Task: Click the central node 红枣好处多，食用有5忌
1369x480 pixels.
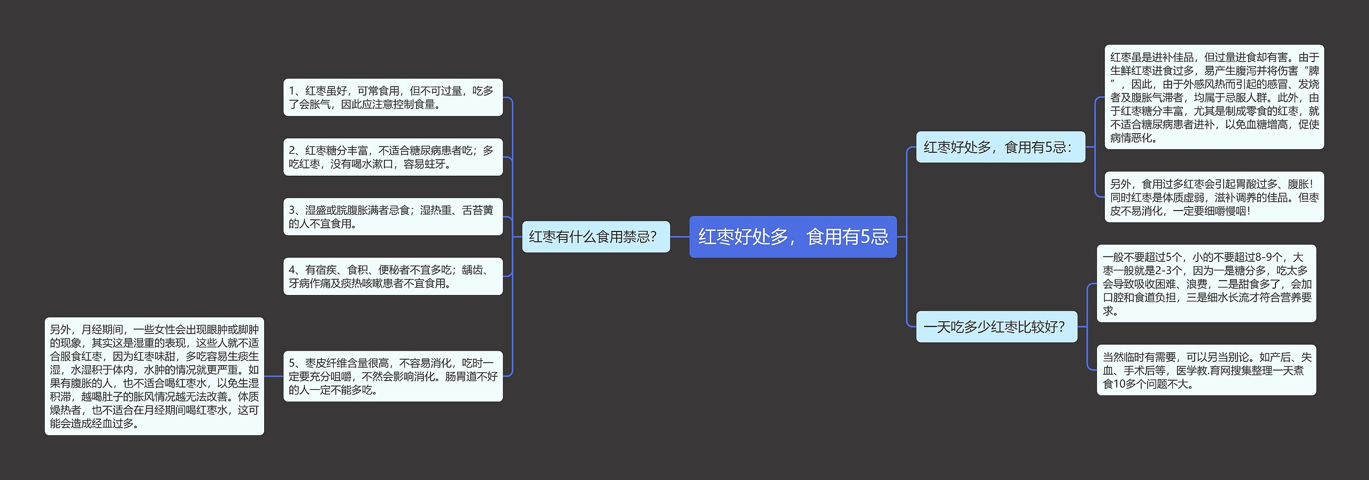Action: tap(793, 237)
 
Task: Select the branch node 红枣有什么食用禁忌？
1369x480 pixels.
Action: tap(595, 237)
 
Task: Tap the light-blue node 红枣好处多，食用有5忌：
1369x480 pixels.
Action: tap(1000, 147)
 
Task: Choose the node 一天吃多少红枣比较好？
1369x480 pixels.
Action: tap(996, 327)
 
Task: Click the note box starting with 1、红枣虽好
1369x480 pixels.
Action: tap(393, 97)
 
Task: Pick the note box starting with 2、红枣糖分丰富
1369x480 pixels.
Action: tap(393, 157)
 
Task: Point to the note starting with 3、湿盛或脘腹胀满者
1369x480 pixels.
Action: tap(393, 216)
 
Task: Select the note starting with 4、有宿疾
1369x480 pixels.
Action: tap(393, 276)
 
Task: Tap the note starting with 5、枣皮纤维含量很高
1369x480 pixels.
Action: tap(393, 376)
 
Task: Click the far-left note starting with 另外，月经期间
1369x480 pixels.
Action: tap(154, 376)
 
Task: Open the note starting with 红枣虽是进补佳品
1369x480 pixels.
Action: tap(1214, 97)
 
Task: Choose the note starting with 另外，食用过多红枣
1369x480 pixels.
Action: tap(1214, 197)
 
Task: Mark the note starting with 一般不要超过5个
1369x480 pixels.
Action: tap(1206, 284)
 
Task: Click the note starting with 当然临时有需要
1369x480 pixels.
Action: tap(1206, 370)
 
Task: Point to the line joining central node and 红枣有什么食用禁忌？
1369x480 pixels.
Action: tap(680, 237)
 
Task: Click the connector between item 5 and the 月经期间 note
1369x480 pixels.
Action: tap(273, 376)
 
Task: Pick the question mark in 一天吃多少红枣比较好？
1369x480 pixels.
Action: tap(1061, 327)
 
